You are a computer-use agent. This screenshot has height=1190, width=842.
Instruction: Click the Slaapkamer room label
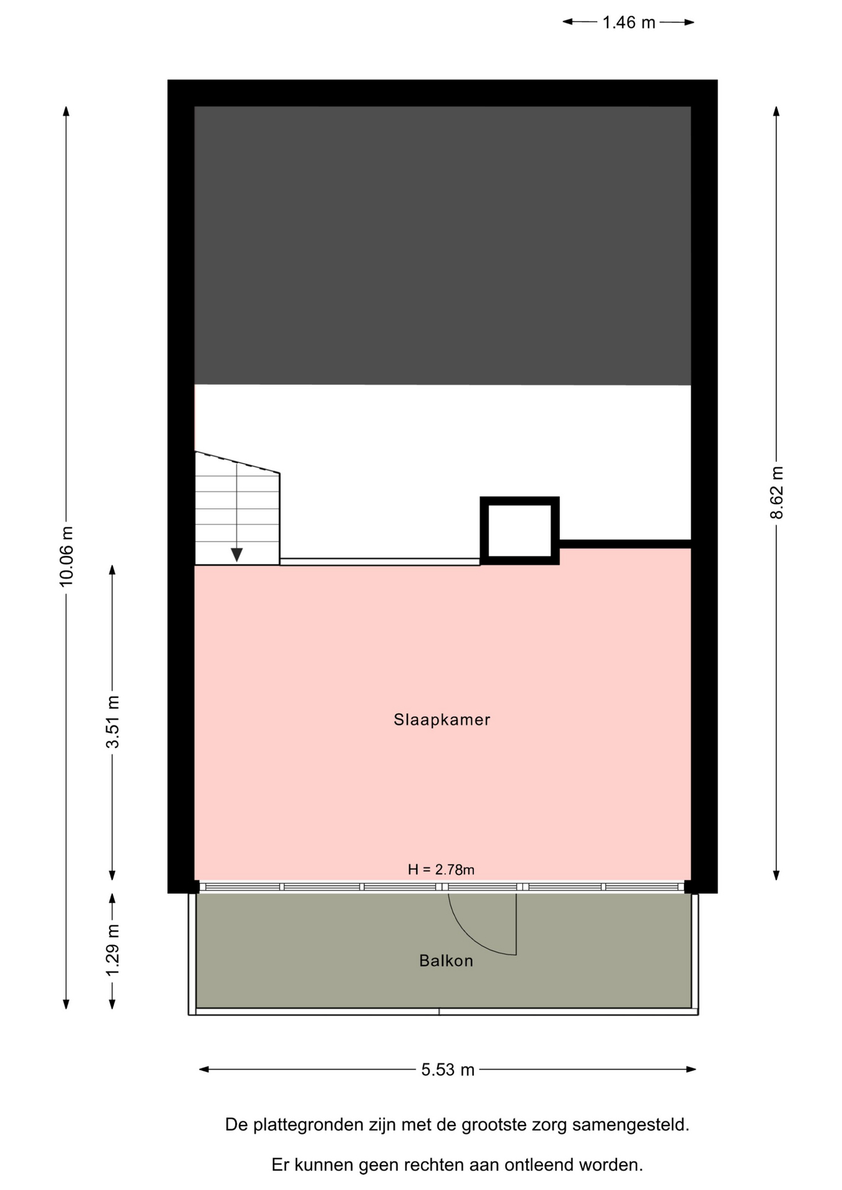(x=441, y=720)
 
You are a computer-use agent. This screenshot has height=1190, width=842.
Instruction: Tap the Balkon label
(x=446, y=961)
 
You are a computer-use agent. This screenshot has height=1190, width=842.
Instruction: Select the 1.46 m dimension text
(x=629, y=23)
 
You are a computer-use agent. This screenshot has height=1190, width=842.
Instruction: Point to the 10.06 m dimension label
(x=66, y=556)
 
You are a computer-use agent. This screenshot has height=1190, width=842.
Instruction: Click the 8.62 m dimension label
(x=777, y=493)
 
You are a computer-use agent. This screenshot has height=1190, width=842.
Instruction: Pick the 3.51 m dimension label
(x=112, y=722)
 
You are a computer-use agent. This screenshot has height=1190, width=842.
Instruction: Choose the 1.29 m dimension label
(x=112, y=950)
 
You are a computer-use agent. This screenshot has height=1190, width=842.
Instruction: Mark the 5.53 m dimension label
(x=448, y=1070)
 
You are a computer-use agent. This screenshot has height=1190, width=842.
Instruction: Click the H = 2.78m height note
(x=441, y=870)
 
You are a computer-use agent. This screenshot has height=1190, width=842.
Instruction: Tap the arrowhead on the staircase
(x=236, y=554)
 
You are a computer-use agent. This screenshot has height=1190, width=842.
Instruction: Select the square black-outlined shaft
(x=520, y=531)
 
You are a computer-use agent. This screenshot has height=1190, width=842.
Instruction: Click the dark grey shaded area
(x=443, y=245)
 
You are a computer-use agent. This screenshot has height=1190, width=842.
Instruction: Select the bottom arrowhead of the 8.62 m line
(x=776, y=875)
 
